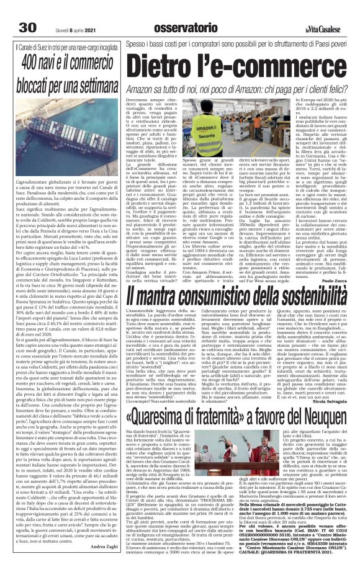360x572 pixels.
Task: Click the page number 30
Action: point(28,11)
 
